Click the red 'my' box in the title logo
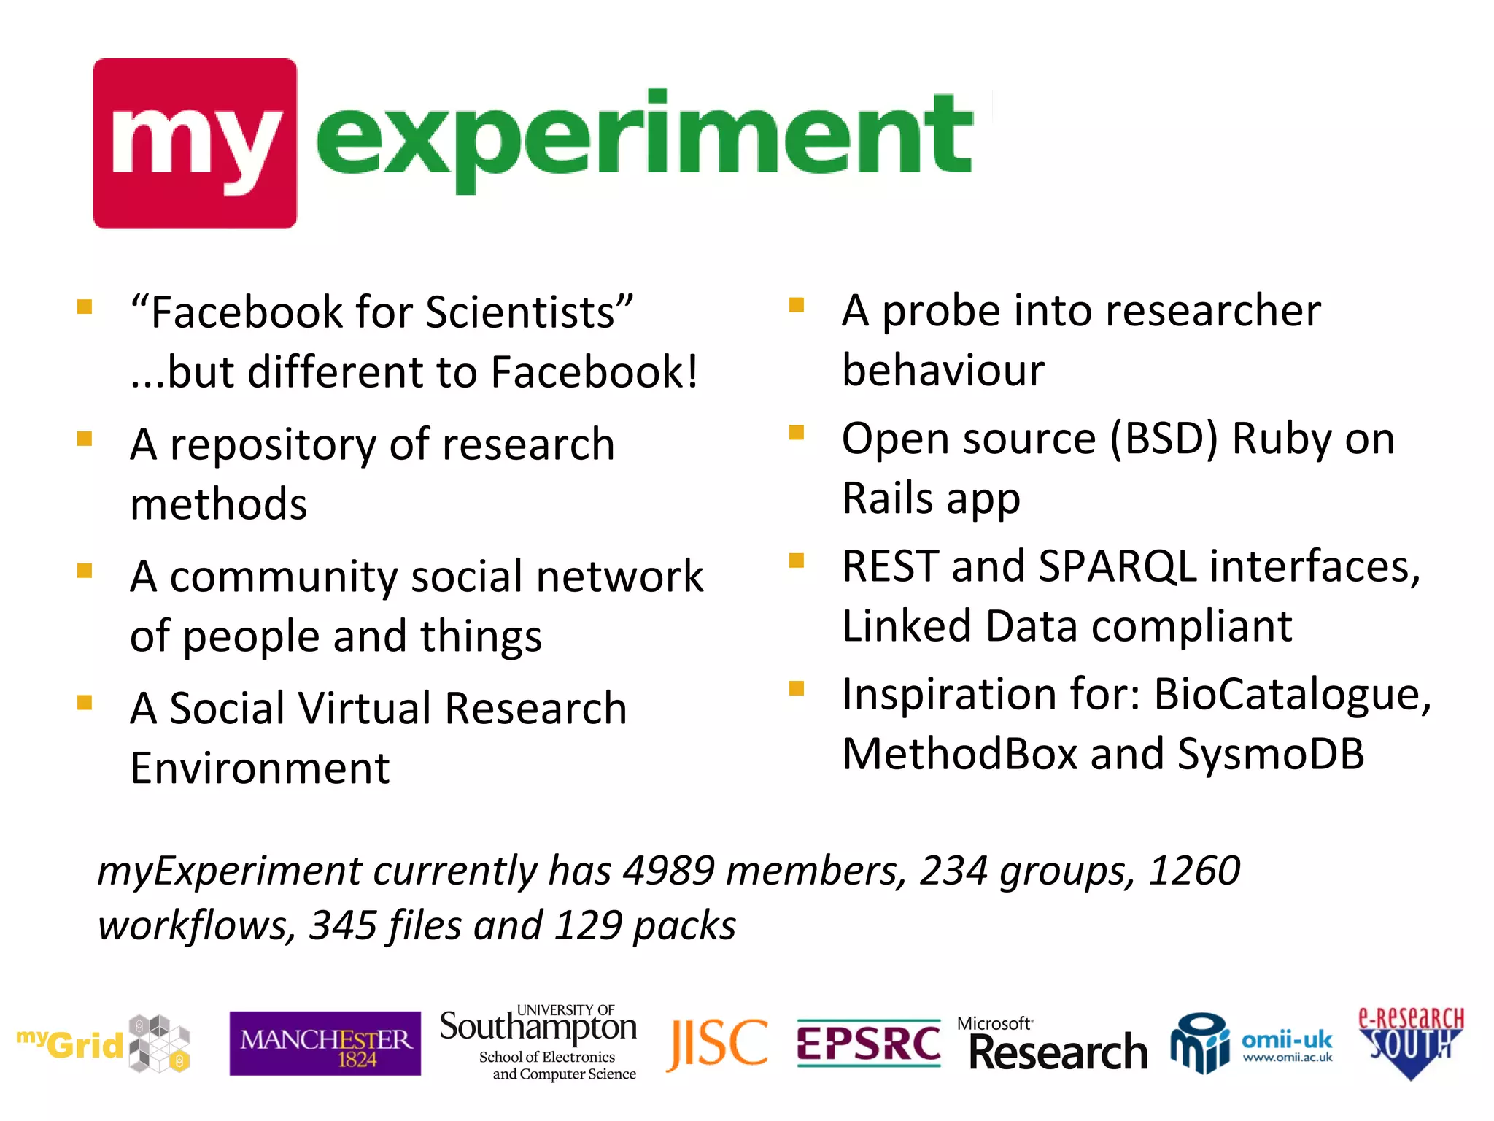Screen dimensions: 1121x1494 (x=195, y=143)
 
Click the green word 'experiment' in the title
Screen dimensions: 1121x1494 (x=643, y=139)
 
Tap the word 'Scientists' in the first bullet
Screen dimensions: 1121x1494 (x=521, y=313)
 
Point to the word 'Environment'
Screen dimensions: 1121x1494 (x=260, y=768)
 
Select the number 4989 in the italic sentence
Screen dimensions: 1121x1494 (x=668, y=871)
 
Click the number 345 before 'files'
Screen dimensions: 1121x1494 (x=343, y=925)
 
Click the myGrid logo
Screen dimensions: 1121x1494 (x=103, y=1044)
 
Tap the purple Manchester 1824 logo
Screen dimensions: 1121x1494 (x=325, y=1044)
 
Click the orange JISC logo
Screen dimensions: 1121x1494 (x=717, y=1044)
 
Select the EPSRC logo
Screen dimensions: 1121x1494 (x=868, y=1044)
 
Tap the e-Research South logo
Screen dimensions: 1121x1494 (x=1410, y=1042)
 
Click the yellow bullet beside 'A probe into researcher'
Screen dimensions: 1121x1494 (x=796, y=305)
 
